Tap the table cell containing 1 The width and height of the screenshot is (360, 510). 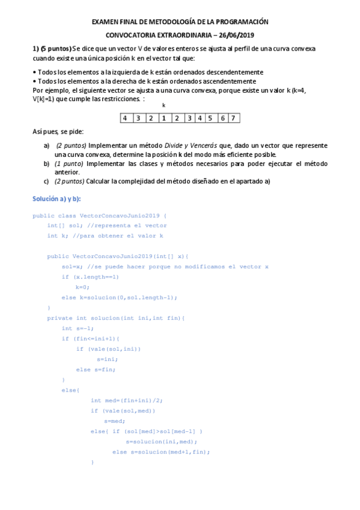pos(163,118)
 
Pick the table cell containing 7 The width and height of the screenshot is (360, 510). pos(233,118)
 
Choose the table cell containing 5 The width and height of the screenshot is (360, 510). pos(210,118)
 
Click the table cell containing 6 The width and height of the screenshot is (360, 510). pos(222,118)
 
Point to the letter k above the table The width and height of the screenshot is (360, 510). pos(163,105)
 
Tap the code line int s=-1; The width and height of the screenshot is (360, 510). pos(78,328)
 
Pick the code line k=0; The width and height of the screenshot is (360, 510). pos(82,287)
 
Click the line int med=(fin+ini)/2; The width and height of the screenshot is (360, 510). pos(127,400)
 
